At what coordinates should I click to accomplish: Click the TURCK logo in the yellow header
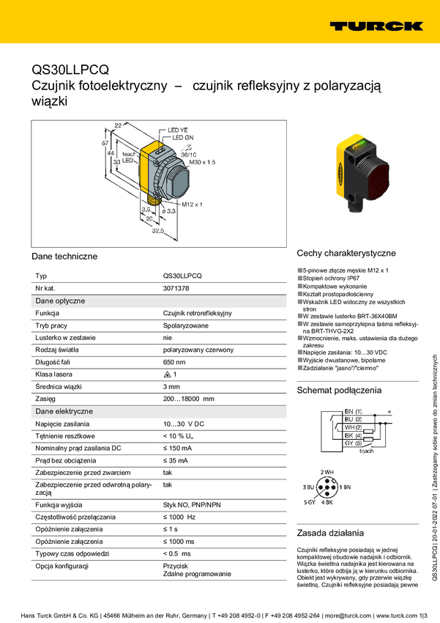tap(376, 26)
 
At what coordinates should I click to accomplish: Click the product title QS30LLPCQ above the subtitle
tap(70, 70)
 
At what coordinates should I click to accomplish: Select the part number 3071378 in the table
tap(176, 289)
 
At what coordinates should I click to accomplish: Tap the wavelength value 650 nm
tap(174, 362)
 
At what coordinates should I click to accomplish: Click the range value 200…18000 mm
tap(188, 399)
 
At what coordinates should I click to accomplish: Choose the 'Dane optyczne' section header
tap(60, 301)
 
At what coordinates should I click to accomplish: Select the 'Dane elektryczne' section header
tap(64, 411)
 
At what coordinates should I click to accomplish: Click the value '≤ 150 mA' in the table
tap(177, 448)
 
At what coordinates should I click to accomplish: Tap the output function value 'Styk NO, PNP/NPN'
tap(192, 505)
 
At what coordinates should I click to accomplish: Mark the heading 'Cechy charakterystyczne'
tap(346, 254)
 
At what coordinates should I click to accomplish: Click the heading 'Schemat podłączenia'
tap(339, 391)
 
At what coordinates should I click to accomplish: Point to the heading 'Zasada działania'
tap(329, 533)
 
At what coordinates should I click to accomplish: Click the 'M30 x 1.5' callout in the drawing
tap(203, 161)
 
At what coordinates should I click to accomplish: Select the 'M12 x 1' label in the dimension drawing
tap(191, 204)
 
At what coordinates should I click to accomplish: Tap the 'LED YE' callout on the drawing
tap(179, 130)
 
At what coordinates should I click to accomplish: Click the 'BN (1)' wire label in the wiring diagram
tap(353, 412)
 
